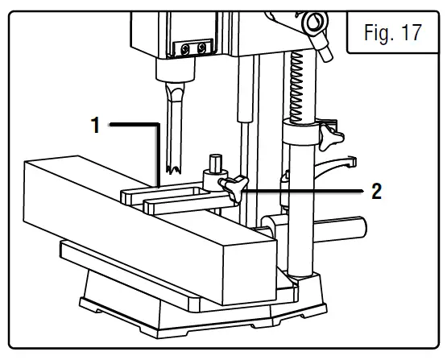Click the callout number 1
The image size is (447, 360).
(x=95, y=126)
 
